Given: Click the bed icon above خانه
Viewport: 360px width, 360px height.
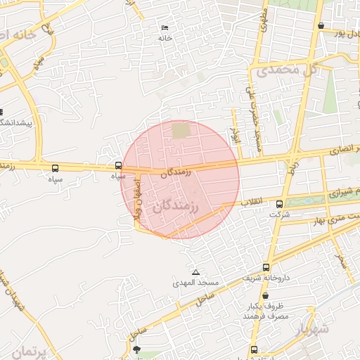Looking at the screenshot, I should pos(165,27).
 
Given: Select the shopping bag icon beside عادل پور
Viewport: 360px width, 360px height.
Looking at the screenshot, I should pos(321,26).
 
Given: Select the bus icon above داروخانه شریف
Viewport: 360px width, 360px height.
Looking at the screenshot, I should pos(266,267).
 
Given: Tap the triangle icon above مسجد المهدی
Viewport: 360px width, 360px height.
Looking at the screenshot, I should pos(195,272).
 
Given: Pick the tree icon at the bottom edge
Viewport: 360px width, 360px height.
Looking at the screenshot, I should pos(136,349).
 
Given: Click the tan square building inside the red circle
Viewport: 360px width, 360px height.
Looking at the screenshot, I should pos(181,131).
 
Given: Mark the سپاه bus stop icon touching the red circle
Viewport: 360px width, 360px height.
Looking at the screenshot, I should pos(118,167).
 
